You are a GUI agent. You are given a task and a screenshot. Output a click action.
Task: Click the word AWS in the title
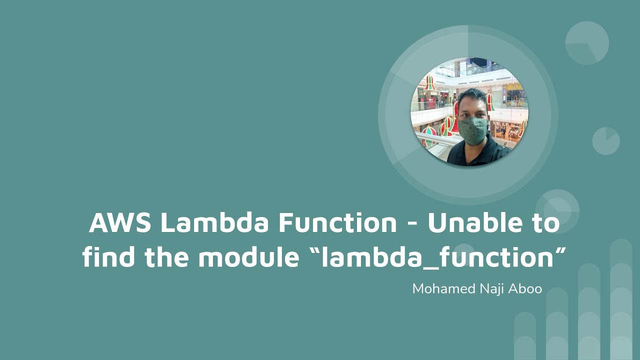pyautogui.click(x=120, y=223)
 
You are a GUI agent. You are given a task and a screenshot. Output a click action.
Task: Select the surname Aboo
pyautogui.click(x=526, y=289)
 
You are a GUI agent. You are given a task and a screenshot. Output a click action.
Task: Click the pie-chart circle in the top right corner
pyautogui.click(x=587, y=43)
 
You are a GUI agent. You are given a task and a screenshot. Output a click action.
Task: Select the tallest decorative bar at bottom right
pyautogui.click(x=621, y=300)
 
